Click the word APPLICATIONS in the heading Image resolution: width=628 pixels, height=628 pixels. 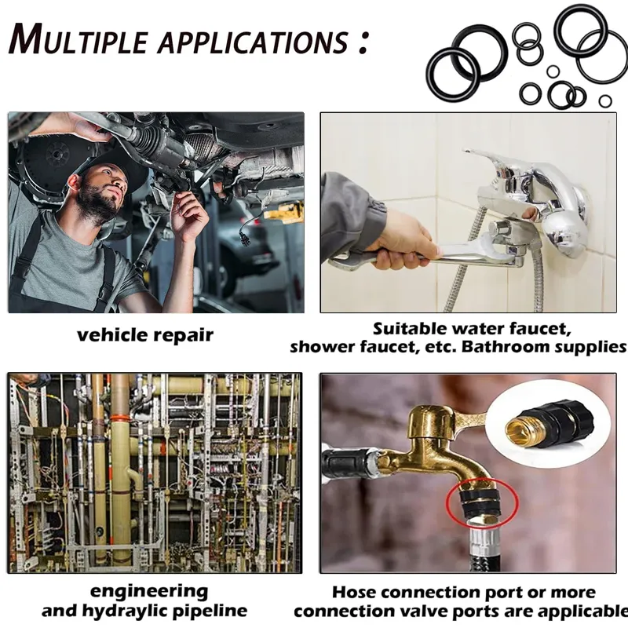point(253,42)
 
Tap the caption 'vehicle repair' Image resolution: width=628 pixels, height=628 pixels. point(145,335)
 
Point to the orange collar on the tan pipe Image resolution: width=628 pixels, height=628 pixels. point(119,418)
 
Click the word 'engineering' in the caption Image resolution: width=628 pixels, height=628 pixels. point(149,592)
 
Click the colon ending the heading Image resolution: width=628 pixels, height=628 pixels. point(363,43)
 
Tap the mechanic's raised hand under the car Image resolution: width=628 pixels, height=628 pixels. point(190,217)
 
